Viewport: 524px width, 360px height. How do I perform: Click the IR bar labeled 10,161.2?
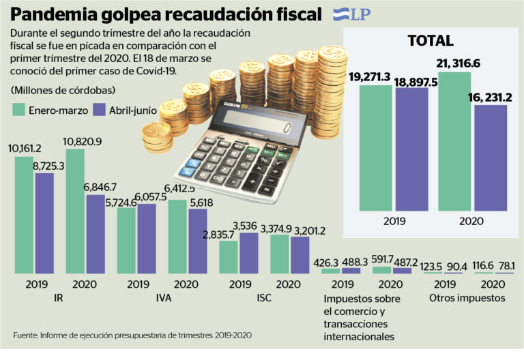(x=24, y=215)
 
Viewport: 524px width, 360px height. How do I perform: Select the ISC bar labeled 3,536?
(x=248, y=253)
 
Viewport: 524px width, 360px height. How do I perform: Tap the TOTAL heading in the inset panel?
(x=430, y=41)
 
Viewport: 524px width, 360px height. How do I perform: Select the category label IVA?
(x=163, y=298)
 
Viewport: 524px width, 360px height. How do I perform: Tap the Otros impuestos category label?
(x=467, y=298)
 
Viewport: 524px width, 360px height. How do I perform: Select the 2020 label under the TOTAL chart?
(x=472, y=222)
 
